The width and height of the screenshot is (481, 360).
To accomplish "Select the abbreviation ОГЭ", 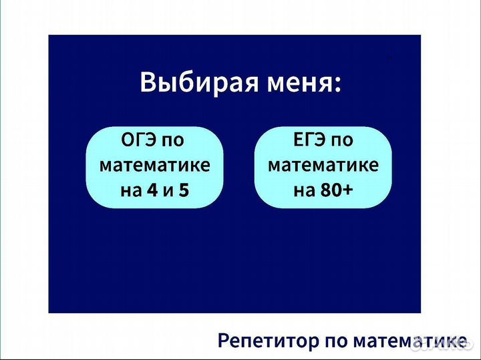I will pos(140,141).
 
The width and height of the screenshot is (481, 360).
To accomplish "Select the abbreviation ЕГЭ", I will pos(309,141).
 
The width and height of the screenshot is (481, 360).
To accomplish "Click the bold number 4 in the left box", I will pos(152,190).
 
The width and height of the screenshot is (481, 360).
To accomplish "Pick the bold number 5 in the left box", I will pos(184,190).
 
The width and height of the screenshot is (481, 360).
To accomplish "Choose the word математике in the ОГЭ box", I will pos(154,166).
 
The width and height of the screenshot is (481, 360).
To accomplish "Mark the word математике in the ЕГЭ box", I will pos(323,166).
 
